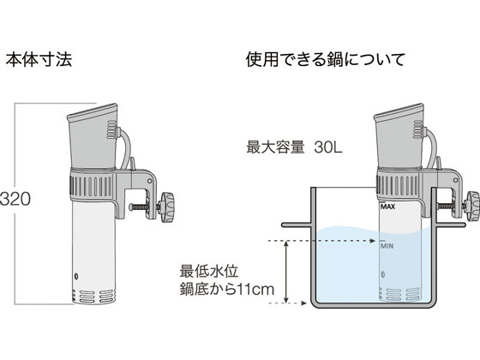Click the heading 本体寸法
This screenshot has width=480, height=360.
click(x=39, y=60)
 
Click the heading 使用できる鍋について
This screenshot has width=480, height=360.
click(x=326, y=59)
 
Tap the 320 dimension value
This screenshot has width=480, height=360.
click(x=15, y=199)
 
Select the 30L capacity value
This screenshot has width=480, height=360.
click(x=328, y=147)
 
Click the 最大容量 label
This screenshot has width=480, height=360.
click(x=275, y=147)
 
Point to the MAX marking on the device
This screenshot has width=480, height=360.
click(x=387, y=207)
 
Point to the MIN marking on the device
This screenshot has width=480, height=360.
click(x=387, y=245)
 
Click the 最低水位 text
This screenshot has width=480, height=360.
click(x=209, y=271)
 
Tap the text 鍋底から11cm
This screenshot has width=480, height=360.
click(x=227, y=289)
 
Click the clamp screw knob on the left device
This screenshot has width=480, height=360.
click(x=167, y=207)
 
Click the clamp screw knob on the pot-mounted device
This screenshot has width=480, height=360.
click(x=471, y=207)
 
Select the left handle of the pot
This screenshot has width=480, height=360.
click(x=297, y=225)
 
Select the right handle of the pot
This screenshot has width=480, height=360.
click(x=451, y=225)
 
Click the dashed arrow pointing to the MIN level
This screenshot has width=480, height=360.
click(x=321, y=241)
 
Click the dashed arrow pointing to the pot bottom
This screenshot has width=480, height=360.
click(x=287, y=303)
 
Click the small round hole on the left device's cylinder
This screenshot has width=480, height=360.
click(x=76, y=276)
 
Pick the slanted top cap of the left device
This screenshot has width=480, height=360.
click(x=92, y=111)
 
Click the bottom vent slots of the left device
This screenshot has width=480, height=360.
click(x=94, y=296)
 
